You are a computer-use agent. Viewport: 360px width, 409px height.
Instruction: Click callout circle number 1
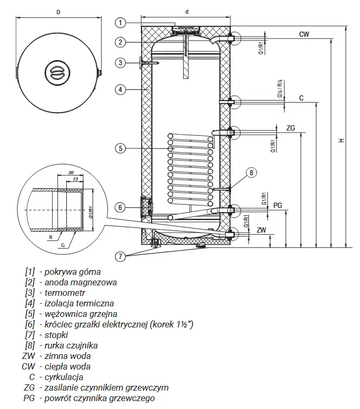click(120, 23)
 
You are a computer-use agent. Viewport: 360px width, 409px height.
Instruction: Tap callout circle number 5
click(120, 148)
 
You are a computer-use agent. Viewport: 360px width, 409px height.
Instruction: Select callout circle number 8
click(252, 173)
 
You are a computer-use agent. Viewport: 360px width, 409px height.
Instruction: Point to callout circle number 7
click(120, 256)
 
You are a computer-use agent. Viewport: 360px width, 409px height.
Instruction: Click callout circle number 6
click(120, 207)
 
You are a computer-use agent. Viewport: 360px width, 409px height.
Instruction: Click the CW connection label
click(304, 34)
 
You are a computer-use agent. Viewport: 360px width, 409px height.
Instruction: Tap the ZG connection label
click(291, 128)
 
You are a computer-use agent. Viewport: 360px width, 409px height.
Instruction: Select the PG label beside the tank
click(278, 205)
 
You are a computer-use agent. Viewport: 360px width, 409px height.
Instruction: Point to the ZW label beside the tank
click(262, 230)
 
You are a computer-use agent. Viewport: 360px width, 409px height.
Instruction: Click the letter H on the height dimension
click(342, 141)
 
